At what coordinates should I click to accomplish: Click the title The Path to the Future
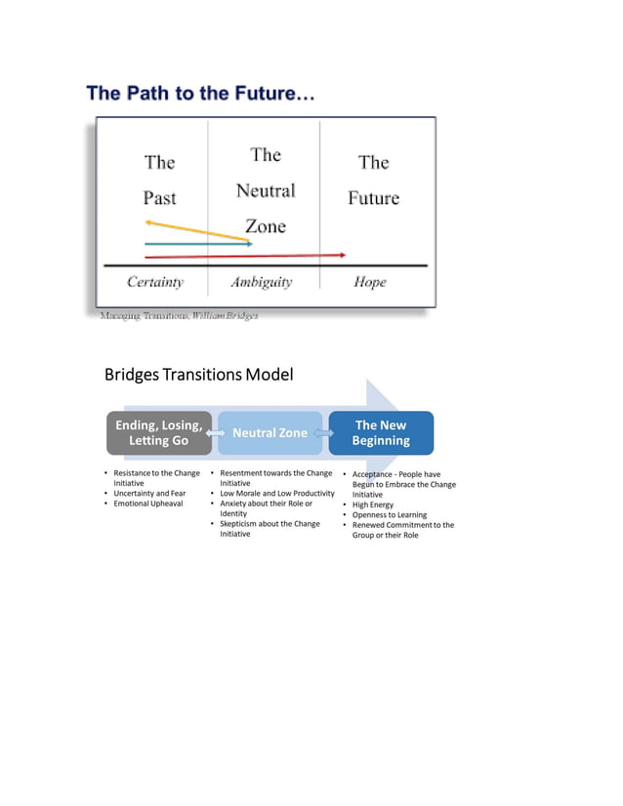click(200, 95)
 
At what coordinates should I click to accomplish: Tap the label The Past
click(160, 180)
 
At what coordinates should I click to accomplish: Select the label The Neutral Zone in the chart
click(265, 190)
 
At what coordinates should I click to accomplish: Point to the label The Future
click(374, 180)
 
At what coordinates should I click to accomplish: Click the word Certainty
click(155, 282)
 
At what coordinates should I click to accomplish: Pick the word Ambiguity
click(261, 282)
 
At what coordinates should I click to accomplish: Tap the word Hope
click(370, 282)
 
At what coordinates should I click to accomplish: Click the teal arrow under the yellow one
click(195, 244)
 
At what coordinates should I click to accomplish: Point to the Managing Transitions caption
click(179, 316)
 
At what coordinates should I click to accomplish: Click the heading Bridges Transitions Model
click(198, 375)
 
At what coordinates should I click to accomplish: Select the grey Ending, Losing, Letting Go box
click(159, 433)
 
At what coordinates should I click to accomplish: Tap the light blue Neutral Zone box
click(270, 433)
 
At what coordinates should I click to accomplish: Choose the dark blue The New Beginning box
click(381, 433)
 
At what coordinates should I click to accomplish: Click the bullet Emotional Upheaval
click(148, 504)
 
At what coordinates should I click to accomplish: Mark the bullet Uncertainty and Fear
click(149, 494)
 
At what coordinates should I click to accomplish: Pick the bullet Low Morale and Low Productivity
click(277, 494)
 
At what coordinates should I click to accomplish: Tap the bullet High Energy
click(373, 504)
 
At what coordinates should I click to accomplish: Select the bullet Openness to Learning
click(390, 515)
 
